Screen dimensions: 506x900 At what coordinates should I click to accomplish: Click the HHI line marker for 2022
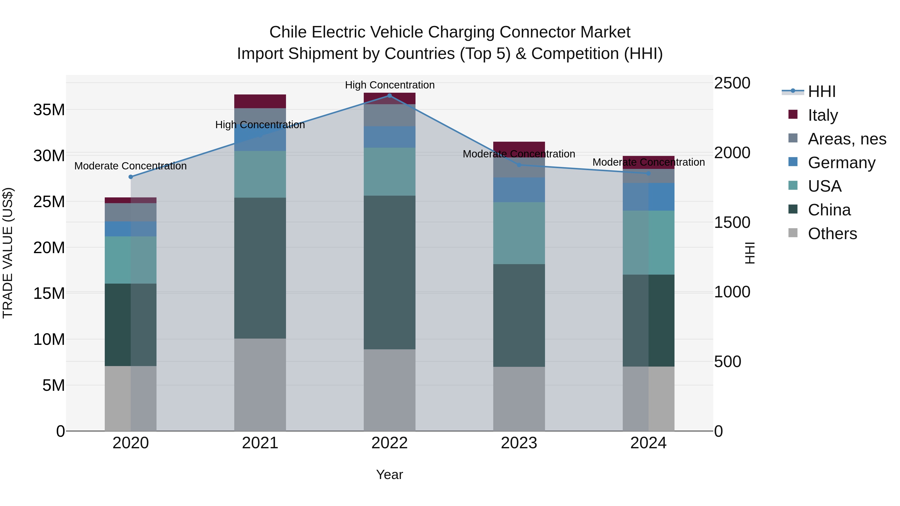tap(389, 96)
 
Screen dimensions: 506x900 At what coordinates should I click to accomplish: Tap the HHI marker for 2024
tap(648, 173)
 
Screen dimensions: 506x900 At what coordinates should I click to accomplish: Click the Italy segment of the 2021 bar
tap(260, 101)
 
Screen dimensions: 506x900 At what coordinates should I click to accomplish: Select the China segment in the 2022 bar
tap(389, 272)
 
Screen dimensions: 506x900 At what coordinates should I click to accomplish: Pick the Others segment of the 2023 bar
tap(519, 399)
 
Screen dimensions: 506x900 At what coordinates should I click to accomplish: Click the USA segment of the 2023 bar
tap(519, 233)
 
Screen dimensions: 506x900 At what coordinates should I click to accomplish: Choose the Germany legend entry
tap(841, 163)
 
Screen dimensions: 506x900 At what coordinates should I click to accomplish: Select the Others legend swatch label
tap(832, 234)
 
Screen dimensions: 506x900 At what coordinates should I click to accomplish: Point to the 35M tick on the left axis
tap(49, 110)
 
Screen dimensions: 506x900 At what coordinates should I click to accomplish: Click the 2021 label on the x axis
tap(260, 443)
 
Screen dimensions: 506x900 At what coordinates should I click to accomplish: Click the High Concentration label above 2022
tap(389, 85)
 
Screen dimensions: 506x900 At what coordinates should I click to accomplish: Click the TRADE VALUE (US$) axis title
tap(8, 253)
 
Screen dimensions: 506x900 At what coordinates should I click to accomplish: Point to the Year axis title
tap(389, 475)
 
